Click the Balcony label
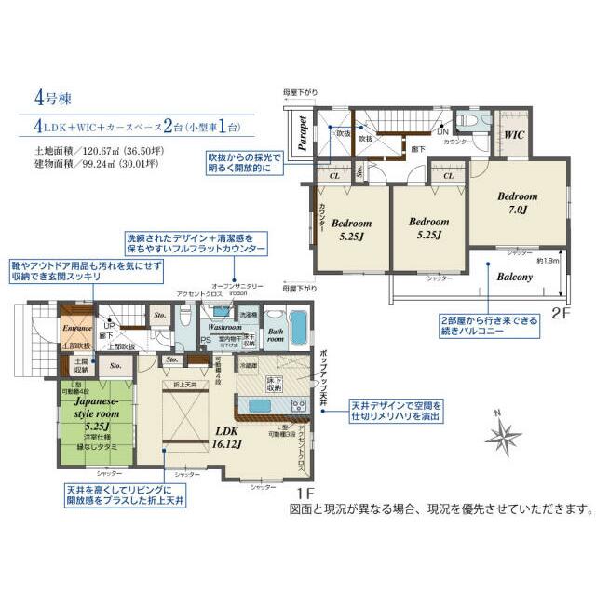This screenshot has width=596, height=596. [x=514, y=277]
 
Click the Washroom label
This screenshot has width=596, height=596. [x=224, y=328]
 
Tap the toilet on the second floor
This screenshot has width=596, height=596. [x=468, y=121]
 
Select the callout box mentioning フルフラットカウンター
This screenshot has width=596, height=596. [x=193, y=244]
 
